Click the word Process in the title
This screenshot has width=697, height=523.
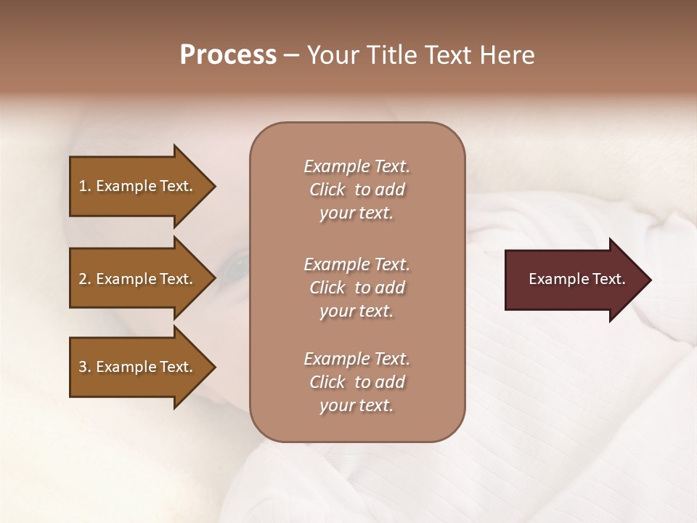[x=228, y=55]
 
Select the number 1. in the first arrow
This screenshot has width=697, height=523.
[x=85, y=186]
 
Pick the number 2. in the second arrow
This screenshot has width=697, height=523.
[x=85, y=279]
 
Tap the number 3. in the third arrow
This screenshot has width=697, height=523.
[x=85, y=367]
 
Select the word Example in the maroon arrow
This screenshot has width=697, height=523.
[x=557, y=279]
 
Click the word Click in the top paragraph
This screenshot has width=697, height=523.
[x=327, y=190]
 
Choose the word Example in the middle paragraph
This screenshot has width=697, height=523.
[x=336, y=264]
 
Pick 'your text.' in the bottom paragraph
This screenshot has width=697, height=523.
[x=356, y=405]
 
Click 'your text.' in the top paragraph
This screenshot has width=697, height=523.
[x=356, y=213]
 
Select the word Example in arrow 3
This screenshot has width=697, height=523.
[x=125, y=367]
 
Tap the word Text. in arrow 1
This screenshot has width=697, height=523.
[x=175, y=186]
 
